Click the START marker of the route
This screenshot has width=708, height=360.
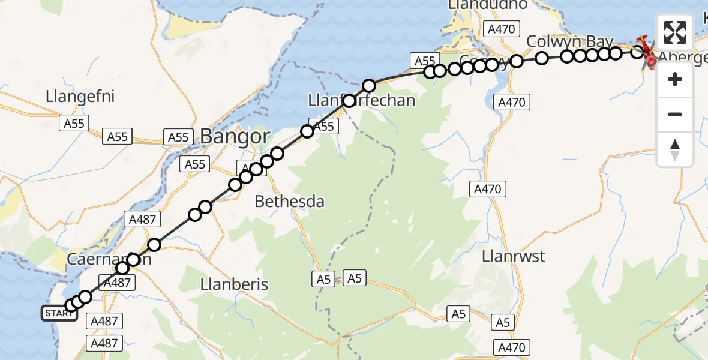59,313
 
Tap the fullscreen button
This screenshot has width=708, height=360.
675,32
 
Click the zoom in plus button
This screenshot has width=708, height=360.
675,79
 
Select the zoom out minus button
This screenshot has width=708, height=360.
675,114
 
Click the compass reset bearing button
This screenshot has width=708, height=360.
675,149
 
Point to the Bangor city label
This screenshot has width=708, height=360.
235,137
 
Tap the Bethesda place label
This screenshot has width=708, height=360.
290,202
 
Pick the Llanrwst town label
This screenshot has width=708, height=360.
514,256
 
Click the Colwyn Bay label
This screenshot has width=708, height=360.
570,41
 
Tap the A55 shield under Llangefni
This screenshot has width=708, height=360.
74,124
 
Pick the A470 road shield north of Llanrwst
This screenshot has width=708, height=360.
487,190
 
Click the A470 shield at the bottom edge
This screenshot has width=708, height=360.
512,347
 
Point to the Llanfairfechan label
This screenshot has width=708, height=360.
361,100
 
